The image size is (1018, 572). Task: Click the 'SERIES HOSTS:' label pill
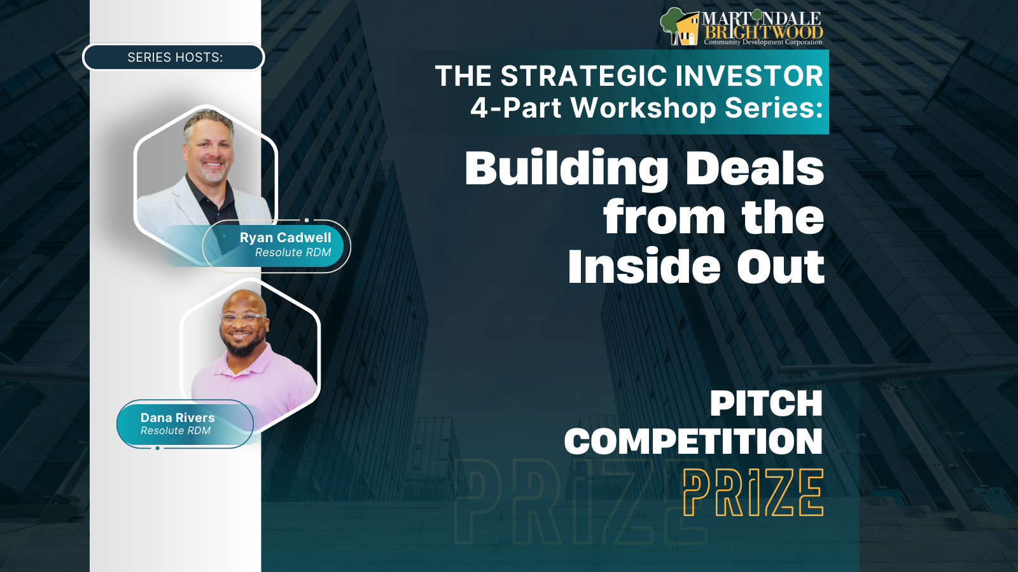coord(173,57)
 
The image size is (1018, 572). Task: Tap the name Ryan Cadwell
coord(286,238)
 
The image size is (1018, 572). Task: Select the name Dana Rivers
coord(178,418)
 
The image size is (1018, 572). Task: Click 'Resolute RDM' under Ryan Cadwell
coord(293,252)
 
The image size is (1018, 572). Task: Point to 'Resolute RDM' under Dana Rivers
coord(176,430)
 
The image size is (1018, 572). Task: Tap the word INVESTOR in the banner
coord(750,76)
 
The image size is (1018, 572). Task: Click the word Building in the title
coord(566,168)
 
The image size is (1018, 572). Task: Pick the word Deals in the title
coord(755,167)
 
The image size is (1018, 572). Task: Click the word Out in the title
coord(781,267)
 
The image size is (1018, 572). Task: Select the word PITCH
coord(766,403)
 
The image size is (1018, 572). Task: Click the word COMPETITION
coord(694,441)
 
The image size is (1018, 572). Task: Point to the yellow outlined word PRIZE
coord(753,493)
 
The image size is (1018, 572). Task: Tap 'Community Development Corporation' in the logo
coord(763,42)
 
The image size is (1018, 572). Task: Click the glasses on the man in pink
coord(242,318)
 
